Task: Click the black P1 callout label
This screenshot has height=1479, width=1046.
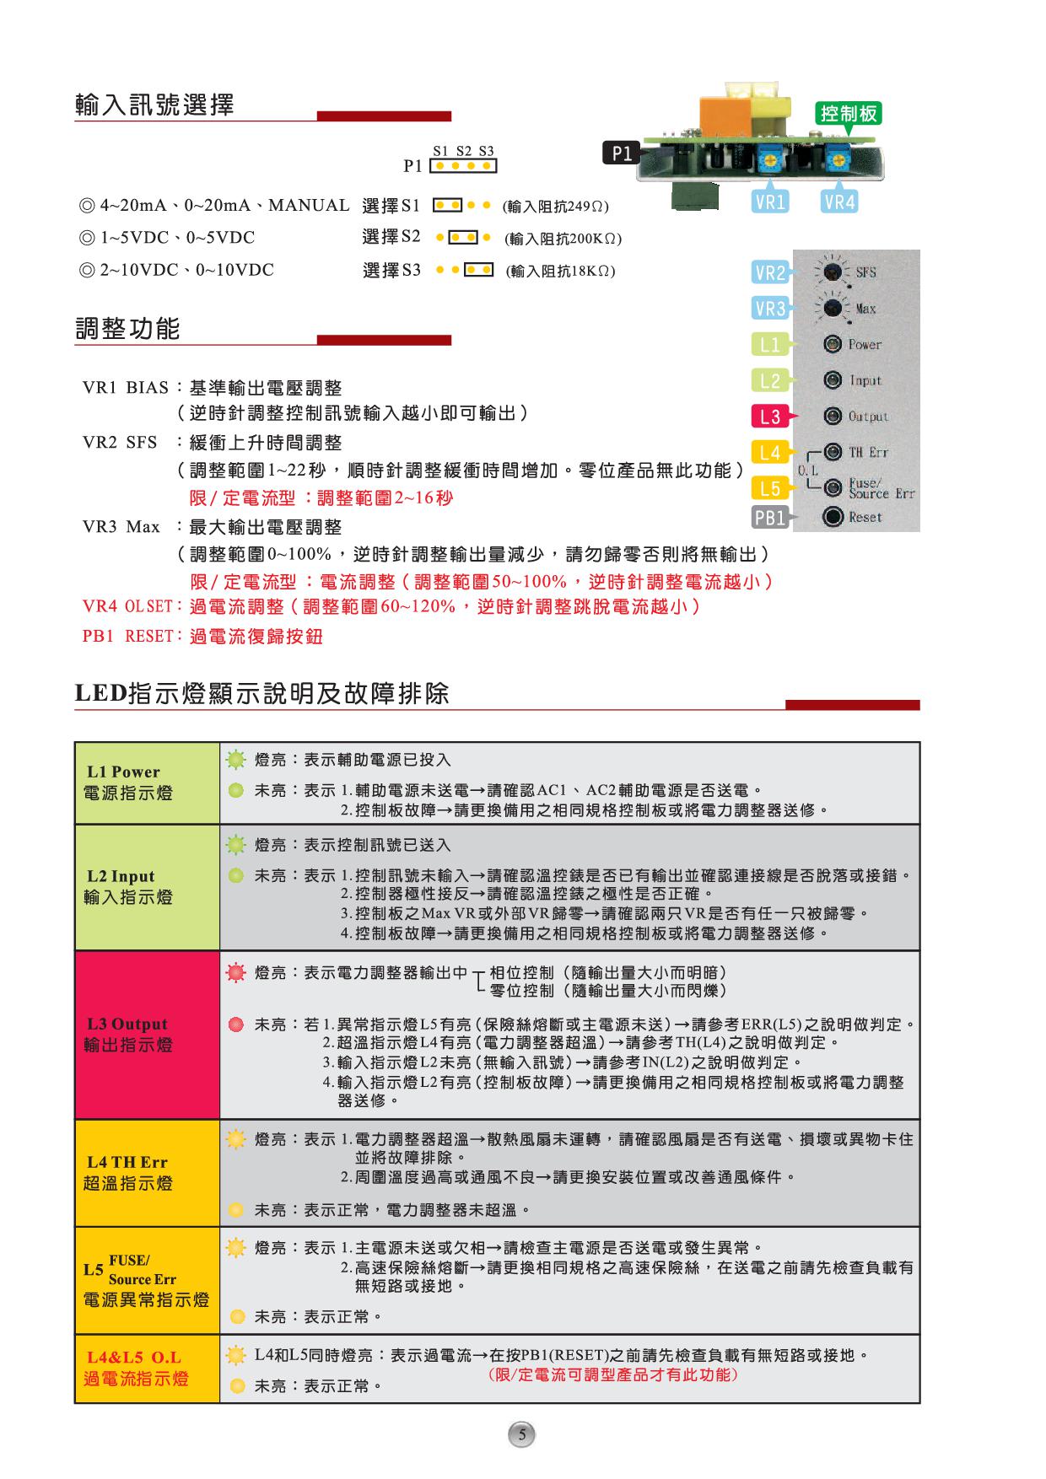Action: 622,153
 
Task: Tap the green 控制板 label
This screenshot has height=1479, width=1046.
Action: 849,113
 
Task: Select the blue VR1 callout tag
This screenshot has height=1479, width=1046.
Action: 770,202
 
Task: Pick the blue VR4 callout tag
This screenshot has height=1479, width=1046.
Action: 839,202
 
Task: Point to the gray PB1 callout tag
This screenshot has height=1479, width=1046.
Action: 770,518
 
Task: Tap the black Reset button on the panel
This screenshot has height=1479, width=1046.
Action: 833,517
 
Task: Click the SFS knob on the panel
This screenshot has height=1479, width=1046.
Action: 833,272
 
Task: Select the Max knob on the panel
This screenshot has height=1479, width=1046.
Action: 833,309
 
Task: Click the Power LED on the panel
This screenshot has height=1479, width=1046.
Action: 833,344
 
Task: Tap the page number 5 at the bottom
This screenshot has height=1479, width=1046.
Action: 522,1434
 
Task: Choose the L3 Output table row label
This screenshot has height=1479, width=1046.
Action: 128,1035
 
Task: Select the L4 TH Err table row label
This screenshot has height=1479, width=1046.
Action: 128,1173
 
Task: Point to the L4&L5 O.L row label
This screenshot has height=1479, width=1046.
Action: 135,1369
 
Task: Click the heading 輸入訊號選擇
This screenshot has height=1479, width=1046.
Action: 154,105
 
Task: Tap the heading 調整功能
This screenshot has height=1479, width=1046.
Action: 128,329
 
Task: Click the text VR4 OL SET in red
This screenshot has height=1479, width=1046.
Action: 127,607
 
